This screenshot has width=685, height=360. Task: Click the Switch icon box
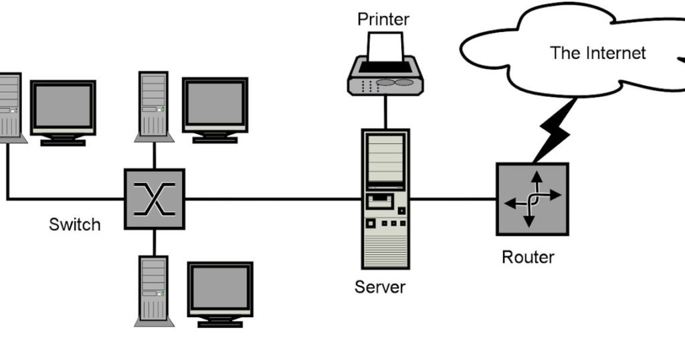point(154,199)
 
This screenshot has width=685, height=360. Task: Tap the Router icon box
point(532,199)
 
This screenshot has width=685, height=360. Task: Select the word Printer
point(383,18)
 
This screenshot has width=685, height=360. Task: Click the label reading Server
point(380,288)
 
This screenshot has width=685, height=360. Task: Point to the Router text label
point(528,257)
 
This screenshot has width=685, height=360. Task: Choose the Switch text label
point(75,224)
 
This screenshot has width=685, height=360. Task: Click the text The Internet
point(597,53)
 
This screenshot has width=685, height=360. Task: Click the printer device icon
point(385,67)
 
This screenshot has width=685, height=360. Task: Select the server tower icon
point(385,199)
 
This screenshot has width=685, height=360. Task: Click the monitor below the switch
point(220,293)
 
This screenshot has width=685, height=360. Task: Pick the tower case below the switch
point(153,290)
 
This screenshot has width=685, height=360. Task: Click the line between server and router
point(452,199)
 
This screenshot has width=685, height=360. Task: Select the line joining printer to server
point(385,112)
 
